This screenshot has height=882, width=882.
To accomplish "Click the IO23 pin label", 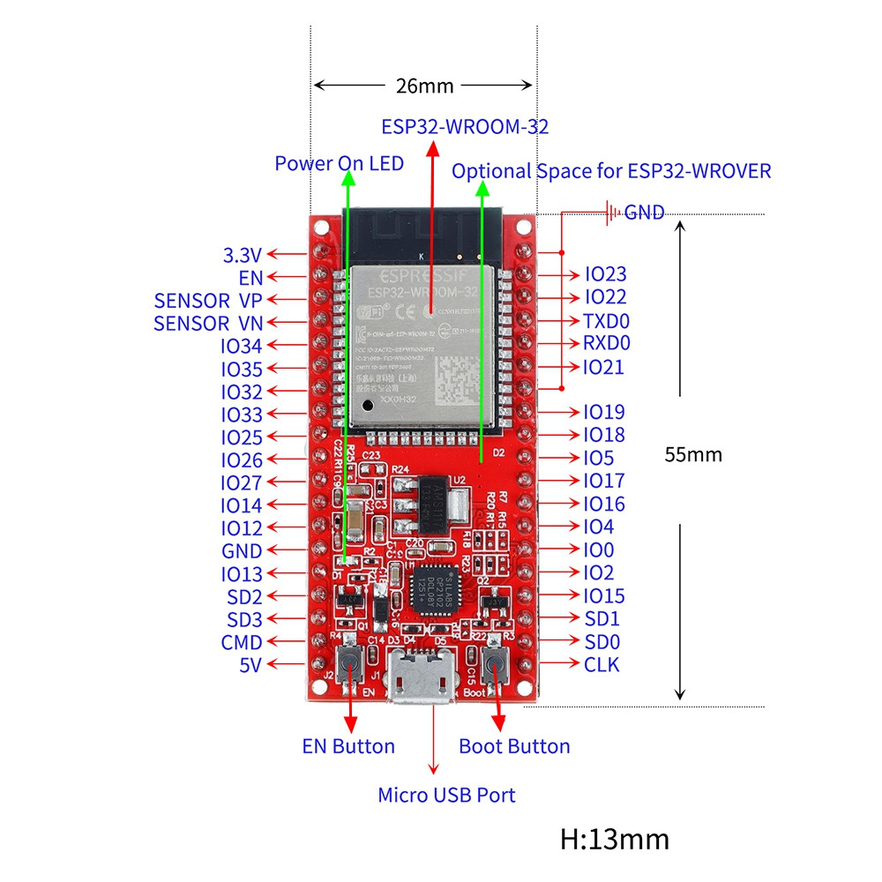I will click(605, 275).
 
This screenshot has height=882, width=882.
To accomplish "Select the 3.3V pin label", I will click(243, 256).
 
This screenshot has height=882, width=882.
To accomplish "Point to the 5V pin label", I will click(250, 665).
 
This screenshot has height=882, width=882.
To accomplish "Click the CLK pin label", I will click(602, 664).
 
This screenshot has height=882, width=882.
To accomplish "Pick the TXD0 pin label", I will click(605, 321).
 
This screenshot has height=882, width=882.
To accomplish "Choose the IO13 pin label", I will click(242, 574).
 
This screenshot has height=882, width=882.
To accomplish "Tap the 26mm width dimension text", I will click(423, 86).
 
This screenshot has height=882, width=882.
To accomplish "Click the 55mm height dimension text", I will click(693, 454).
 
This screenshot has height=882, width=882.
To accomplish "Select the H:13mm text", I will click(614, 838).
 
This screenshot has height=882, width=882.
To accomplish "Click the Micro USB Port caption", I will click(446, 795).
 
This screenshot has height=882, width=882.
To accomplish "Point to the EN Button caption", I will click(348, 746).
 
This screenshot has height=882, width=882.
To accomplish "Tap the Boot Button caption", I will click(514, 746).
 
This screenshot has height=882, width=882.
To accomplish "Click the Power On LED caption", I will click(339, 163).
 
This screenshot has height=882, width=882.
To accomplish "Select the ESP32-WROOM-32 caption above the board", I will click(465, 126).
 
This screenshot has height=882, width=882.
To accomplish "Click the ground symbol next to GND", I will click(609, 212).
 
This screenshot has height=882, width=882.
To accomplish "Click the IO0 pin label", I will click(599, 549).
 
